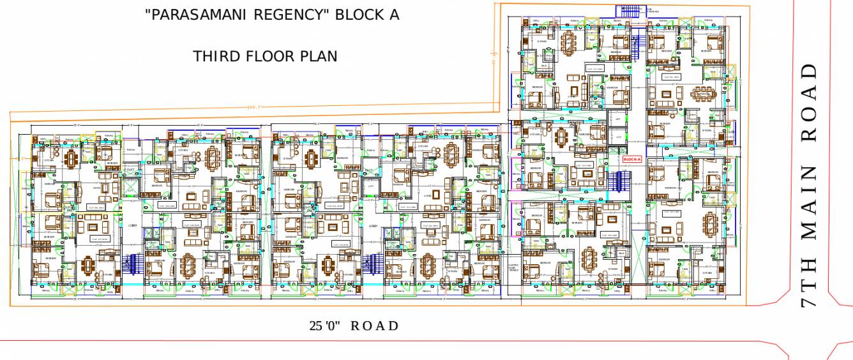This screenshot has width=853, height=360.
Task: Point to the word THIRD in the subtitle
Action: click(216, 56)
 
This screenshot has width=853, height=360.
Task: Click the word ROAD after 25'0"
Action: click(375, 326)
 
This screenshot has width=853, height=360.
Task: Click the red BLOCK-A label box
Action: click(631, 159)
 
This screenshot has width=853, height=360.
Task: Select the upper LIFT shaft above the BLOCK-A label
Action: click(617, 119)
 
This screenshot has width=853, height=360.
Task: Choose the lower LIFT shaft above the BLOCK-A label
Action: click(617, 137)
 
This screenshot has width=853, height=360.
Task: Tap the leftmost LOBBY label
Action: click(133, 225)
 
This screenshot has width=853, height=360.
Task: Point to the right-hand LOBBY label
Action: click(372, 225)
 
